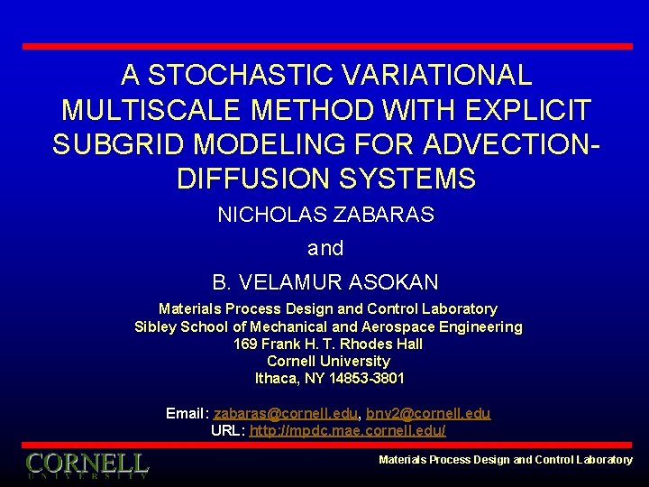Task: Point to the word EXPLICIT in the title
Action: click(x=535, y=110)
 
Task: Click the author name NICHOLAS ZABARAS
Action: click(x=325, y=216)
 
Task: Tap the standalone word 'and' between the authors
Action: click(x=325, y=248)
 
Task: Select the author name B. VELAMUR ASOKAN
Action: click(x=325, y=282)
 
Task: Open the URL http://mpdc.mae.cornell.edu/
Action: click(x=347, y=430)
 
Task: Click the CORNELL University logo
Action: click(x=87, y=465)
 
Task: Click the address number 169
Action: click(x=245, y=344)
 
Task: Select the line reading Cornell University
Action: click(x=328, y=361)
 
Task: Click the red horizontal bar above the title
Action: click(x=326, y=46)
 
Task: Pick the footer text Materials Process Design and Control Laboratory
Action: click(x=505, y=460)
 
